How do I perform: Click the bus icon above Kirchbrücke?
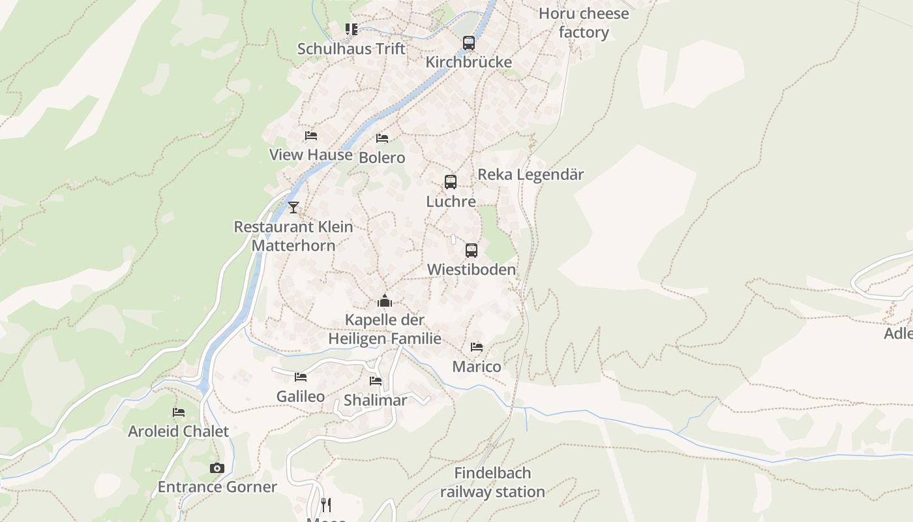coord(468,43)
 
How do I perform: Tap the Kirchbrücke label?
coord(468,62)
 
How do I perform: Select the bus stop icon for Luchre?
coord(450,182)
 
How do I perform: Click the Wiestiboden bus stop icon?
coord(471,251)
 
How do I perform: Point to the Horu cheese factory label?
coord(584,23)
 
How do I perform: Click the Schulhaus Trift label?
coord(351,49)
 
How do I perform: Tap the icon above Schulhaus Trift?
coord(352,29)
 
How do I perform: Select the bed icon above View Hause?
coord(311,136)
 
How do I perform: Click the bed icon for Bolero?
coord(382,138)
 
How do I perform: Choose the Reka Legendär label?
coord(531,175)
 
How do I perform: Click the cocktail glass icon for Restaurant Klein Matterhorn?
coord(293,207)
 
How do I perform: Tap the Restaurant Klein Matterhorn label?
coord(293,236)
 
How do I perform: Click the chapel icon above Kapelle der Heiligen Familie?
coord(385,301)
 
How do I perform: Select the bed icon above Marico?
coord(477,347)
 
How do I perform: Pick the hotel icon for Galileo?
coord(301,377)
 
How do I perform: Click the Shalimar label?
coord(375,401)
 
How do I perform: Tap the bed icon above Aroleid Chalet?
coord(179,412)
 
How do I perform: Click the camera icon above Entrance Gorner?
coord(217,468)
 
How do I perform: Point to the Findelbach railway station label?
coord(492,482)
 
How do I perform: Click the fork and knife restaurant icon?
coord(326,504)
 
